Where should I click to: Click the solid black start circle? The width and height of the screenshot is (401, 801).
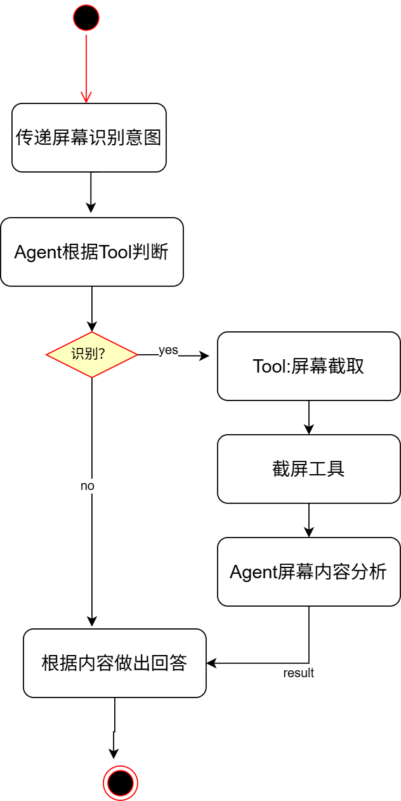86,18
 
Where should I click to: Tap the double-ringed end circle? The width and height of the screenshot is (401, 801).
121,783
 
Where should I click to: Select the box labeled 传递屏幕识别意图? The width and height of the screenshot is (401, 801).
89,138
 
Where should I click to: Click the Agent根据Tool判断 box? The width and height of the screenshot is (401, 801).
92,252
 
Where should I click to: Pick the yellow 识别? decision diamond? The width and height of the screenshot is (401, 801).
92,355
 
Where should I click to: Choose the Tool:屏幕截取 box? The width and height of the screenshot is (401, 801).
309,366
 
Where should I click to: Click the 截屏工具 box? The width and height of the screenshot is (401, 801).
309,469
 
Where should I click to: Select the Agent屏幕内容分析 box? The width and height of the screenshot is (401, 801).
309,572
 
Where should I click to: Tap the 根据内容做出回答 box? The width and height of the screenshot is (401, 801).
115,663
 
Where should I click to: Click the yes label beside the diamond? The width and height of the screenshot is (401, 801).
168,350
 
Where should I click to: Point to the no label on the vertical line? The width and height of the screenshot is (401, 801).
88,486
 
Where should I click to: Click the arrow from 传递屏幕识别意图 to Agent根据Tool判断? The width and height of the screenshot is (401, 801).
91,194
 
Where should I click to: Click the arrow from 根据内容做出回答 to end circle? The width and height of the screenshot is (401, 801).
114,730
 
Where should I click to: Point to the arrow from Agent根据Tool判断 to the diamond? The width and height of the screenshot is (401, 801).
92,310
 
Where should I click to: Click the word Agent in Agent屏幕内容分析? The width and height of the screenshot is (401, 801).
253,572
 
